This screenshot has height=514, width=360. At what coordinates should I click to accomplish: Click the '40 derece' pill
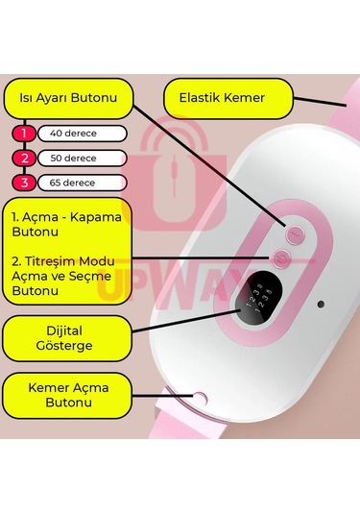pos(83,134)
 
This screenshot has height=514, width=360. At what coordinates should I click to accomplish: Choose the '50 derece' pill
pos(83,158)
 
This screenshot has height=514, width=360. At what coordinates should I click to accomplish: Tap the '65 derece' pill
pos(83,182)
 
